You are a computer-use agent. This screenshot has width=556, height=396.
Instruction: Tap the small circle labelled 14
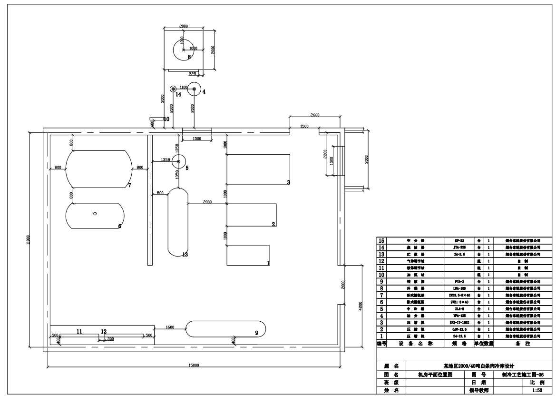[174, 89]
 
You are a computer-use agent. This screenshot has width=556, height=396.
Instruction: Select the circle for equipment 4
[194, 89]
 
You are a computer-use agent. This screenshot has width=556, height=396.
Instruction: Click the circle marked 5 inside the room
[178, 162]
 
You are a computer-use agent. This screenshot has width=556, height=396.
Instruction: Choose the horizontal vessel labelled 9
[225, 329]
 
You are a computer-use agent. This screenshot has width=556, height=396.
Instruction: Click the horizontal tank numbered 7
[98, 168]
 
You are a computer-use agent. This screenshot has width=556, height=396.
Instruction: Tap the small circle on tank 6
[95, 214]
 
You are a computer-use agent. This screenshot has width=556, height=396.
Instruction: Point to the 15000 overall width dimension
[194, 365]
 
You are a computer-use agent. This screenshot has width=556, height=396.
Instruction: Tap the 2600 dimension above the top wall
[315, 115]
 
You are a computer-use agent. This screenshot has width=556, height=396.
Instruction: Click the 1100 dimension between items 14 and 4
[184, 87]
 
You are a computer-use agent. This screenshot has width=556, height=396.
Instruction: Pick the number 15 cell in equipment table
[381, 241]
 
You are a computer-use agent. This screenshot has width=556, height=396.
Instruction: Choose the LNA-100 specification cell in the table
[456, 288]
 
